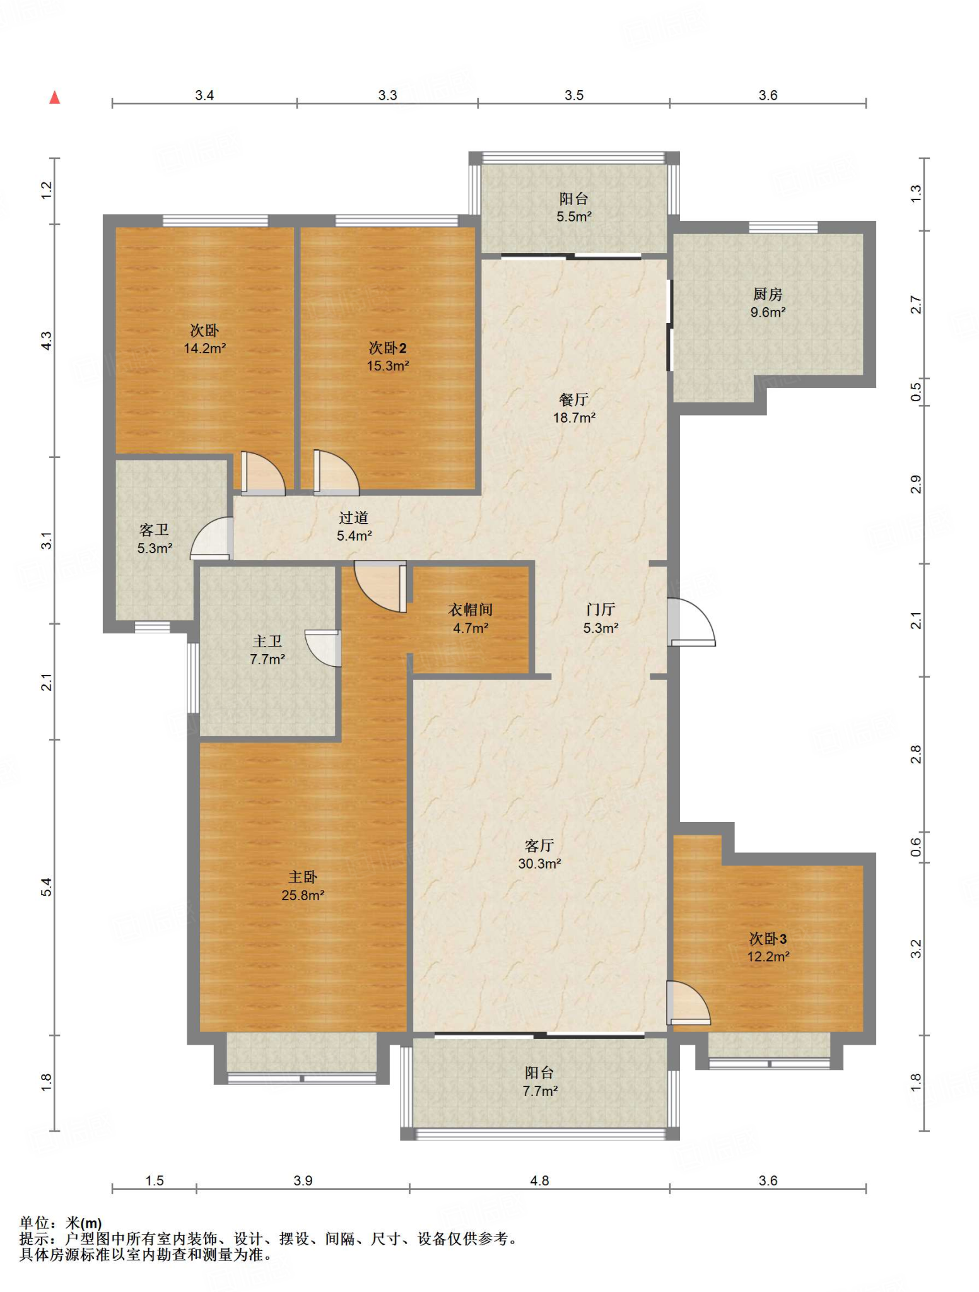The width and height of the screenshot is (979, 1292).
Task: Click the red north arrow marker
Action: [x=55, y=97]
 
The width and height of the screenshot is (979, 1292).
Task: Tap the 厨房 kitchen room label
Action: [x=768, y=294]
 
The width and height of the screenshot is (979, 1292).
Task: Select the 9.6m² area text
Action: [x=768, y=312]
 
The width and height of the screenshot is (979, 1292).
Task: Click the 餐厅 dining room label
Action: [x=574, y=399]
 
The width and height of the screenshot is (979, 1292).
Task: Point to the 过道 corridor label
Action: [x=353, y=518]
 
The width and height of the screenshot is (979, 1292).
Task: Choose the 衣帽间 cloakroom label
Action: [x=471, y=609]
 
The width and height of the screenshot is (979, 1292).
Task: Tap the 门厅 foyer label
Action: [x=601, y=609]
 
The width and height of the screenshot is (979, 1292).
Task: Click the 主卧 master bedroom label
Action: [x=303, y=877]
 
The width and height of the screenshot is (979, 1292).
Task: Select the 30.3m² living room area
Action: [x=540, y=864]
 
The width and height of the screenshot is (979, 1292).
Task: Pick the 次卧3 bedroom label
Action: [x=768, y=939]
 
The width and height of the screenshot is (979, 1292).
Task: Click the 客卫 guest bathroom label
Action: [x=155, y=530]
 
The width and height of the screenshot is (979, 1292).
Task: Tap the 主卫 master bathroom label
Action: [x=267, y=642]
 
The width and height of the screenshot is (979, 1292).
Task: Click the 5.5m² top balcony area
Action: [x=574, y=217]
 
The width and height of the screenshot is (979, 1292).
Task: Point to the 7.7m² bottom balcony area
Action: [x=540, y=1091]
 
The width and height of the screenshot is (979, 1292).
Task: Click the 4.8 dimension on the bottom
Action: [x=540, y=1180]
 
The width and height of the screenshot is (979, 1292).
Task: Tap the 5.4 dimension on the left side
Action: [x=47, y=887]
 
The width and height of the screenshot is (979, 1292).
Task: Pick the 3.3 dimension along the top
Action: [x=387, y=95]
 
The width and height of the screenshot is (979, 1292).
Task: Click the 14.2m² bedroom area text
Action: [x=205, y=348]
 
